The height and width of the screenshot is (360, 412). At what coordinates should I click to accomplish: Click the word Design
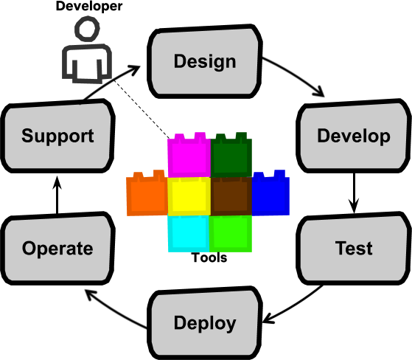(x=205, y=61)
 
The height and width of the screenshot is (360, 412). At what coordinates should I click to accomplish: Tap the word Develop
(x=353, y=136)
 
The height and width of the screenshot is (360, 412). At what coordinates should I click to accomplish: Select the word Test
(x=354, y=249)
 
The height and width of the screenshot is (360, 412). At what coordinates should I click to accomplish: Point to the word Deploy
(x=205, y=323)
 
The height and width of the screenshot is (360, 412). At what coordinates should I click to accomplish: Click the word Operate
(x=57, y=249)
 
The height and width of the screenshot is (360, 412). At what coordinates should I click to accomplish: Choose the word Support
(x=57, y=136)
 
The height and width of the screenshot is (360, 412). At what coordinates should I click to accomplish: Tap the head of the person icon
(x=87, y=30)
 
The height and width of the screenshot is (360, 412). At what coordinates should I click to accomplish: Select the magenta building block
(x=189, y=156)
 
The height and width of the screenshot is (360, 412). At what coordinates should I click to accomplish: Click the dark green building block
(x=231, y=156)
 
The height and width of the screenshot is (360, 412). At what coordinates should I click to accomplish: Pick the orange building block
(x=147, y=195)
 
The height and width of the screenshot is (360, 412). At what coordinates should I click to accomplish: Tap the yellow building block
(x=189, y=196)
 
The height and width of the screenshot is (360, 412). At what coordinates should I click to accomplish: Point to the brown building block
(x=231, y=196)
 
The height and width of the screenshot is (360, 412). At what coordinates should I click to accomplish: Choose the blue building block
(x=270, y=194)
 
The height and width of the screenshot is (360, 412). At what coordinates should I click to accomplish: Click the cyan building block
(x=189, y=234)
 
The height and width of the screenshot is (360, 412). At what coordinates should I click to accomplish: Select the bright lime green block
(x=231, y=234)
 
